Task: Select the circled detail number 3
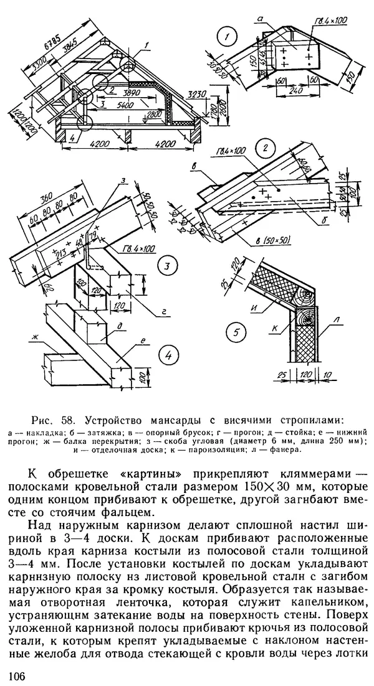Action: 166,268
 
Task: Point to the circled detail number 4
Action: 166,355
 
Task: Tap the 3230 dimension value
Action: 196,95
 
